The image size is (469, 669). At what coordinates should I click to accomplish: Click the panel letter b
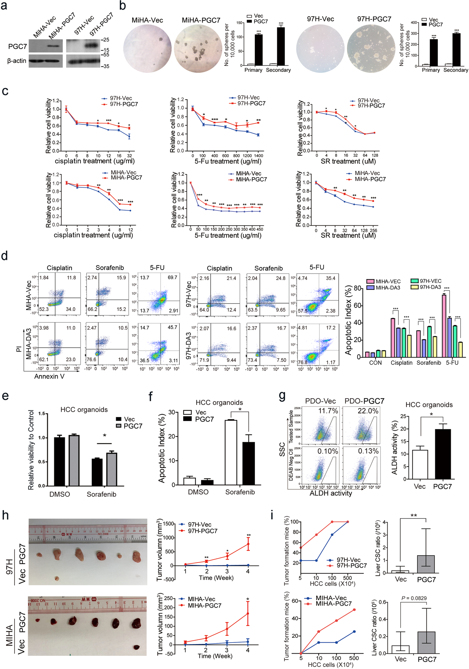pyautogui.click(x=122, y=6)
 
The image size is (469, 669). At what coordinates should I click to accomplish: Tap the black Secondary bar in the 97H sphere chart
pyautogui.click(x=456, y=50)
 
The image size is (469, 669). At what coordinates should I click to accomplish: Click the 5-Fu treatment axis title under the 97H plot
pyautogui.click(x=228, y=161)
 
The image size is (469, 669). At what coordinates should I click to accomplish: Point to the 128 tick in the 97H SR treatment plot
pyautogui.click(x=375, y=155)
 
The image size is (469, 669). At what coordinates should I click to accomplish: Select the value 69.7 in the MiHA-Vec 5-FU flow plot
pyautogui.click(x=172, y=277)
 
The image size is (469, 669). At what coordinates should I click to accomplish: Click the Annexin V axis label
pyautogui.click(x=49, y=376)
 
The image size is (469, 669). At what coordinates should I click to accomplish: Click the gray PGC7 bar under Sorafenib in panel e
pyautogui.click(x=112, y=469)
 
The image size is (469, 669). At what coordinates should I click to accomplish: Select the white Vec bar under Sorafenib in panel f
pyautogui.click(x=231, y=452)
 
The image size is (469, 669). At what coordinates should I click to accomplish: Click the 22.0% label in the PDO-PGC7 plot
pyautogui.click(x=368, y=411)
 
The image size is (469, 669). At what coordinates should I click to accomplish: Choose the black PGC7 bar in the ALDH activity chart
pyautogui.click(x=442, y=454)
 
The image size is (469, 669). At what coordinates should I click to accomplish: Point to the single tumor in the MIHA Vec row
pyautogui.click(x=136, y=647)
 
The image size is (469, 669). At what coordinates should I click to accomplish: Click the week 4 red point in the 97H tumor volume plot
pyautogui.click(x=248, y=544)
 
